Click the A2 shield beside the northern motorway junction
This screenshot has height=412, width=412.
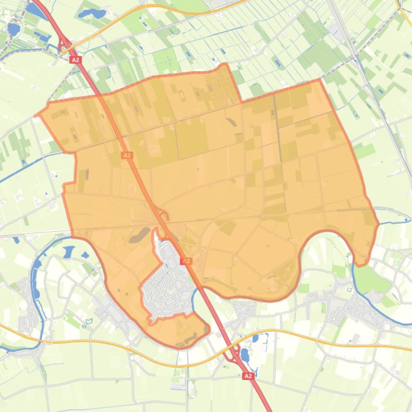75,60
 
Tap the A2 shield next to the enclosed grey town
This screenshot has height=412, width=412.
186,261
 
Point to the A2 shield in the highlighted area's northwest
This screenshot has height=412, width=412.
126,155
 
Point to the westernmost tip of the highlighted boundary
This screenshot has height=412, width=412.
36,115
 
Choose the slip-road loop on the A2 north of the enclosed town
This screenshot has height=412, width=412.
163,217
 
